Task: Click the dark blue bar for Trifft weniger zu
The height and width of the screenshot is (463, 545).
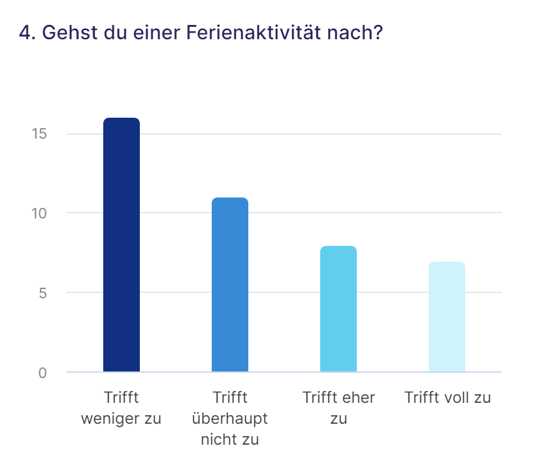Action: click(122, 245)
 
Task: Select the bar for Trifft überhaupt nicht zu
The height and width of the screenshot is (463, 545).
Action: click(230, 284)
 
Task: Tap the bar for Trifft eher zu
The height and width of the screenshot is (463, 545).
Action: click(339, 309)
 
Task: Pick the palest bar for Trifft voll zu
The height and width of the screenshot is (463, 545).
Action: click(447, 317)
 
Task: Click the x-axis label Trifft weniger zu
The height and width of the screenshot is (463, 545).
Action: click(122, 407)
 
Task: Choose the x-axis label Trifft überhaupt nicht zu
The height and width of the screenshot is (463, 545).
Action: click(230, 418)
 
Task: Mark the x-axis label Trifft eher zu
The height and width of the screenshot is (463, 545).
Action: click(339, 407)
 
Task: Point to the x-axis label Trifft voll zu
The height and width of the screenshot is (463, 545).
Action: click(447, 398)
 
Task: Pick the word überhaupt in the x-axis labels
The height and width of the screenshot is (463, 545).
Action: click(230, 419)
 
